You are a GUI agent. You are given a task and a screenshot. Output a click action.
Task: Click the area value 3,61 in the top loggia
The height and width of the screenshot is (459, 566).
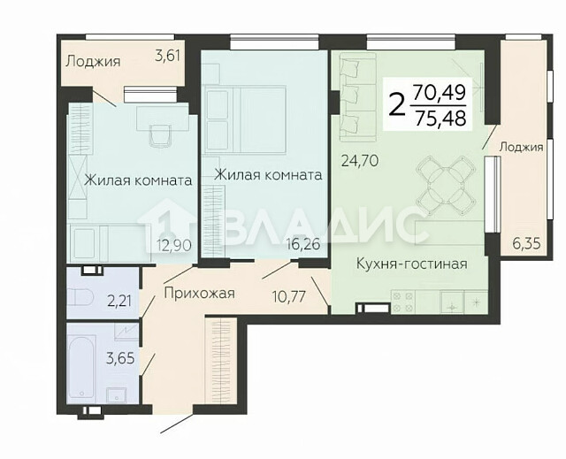pyautogui.click(x=167, y=57)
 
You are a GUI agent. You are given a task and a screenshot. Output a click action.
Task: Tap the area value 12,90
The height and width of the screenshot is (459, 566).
pyautogui.click(x=174, y=246)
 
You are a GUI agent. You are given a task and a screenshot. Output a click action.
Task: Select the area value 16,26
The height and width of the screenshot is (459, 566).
pyautogui.click(x=303, y=244)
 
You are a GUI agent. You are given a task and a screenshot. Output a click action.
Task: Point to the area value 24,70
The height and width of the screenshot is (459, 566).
pyautogui.click(x=360, y=161)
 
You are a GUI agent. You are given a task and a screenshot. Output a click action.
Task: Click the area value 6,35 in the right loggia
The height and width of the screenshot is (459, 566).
pyautogui.click(x=527, y=244)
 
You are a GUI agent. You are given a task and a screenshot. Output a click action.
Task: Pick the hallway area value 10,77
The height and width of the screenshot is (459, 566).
pyautogui.click(x=289, y=297)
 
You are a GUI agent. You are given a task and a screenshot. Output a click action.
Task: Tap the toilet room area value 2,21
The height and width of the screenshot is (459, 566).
pyautogui.click(x=119, y=301)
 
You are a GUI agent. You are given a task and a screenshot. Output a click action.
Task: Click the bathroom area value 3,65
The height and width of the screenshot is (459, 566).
pyautogui.click(x=120, y=359)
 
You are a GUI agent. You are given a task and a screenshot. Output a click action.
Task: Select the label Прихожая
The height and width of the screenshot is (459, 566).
pyautogui.click(x=200, y=293)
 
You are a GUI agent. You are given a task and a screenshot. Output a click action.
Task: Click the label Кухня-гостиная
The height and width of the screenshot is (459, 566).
pyautogui.click(x=412, y=264)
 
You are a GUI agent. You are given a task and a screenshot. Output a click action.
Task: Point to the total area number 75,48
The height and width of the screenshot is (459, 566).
pyautogui.click(x=440, y=119)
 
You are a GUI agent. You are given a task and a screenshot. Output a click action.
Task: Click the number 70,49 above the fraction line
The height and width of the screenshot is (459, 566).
pyautogui.click(x=439, y=92)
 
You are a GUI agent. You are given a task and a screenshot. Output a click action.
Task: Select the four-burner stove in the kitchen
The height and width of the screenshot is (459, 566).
pyautogui.click(x=403, y=302)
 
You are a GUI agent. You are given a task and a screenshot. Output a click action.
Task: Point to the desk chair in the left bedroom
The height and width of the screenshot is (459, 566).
pyautogui.click(x=160, y=135)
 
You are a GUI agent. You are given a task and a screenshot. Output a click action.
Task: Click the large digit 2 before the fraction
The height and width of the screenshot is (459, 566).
pyautogui.click(x=397, y=103)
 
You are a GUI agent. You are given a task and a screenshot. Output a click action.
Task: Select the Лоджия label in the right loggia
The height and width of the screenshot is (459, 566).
pyautogui.click(x=521, y=148)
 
